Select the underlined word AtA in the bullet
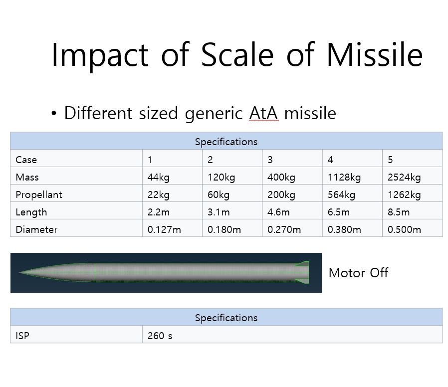pyautogui.click(x=263, y=114)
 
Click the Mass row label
pyautogui.click(x=27, y=177)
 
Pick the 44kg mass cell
pyautogui.click(x=158, y=177)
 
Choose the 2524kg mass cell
pyautogui.click(x=404, y=177)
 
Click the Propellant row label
pyautogui.click(x=39, y=194)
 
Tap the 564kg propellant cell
pyautogui.click(x=341, y=194)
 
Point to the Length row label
pyautogui.click(x=31, y=212)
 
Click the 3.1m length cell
pyautogui.click(x=219, y=212)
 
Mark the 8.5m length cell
pyautogui.click(x=399, y=212)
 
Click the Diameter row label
pyautogui.click(x=36, y=229)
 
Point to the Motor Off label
pyautogui.click(x=358, y=273)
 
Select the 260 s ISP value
pyautogui.click(x=160, y=336)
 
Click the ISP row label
pyautogui.click(x=22, y=336)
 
